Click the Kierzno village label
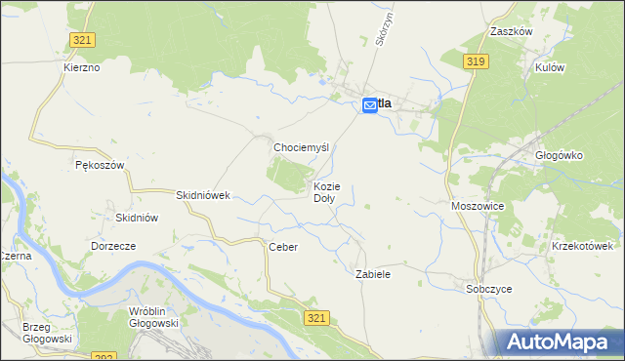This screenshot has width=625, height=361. tap(81, 67)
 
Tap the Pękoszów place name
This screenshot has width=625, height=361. tap(100, 165)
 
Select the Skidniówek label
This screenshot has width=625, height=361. tap(202, 195)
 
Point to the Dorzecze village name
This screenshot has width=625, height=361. tap(113, 247)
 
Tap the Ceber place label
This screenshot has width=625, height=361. tap(282, 248)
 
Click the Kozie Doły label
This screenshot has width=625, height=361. tap(326, 191)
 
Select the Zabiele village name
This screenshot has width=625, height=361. tap(373, 275)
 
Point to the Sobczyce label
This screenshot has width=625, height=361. tap(489, 289)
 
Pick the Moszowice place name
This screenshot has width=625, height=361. tap(478, 207)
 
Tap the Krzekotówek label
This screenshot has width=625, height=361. tap(587, 247)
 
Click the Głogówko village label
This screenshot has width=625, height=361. tap(560, 154)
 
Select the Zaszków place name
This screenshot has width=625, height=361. tap(511, 31)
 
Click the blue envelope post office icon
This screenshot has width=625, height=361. tap(370, 104)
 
